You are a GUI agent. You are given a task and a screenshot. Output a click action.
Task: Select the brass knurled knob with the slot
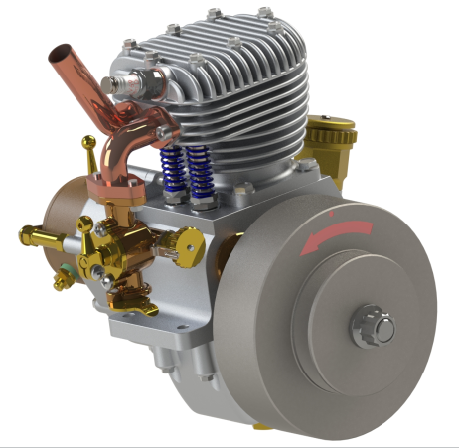point(184,246)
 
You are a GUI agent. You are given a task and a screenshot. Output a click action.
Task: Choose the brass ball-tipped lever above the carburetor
point(87,145)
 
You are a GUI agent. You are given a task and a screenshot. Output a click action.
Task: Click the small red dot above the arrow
point(330,212)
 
